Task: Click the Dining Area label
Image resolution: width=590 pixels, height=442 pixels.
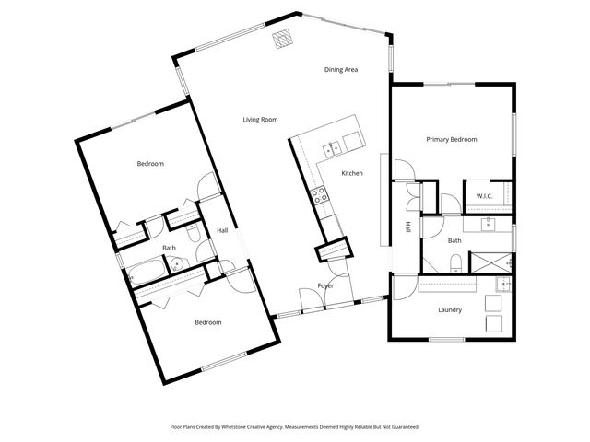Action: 340,70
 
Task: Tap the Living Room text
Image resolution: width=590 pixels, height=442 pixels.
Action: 260,120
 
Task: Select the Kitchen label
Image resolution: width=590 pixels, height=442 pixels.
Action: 352,173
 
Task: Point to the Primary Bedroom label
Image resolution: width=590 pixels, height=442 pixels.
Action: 451,140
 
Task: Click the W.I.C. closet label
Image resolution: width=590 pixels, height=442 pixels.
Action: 484,196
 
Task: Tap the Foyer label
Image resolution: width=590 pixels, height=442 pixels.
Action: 325,285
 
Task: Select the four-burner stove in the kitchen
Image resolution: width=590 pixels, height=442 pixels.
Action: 319,194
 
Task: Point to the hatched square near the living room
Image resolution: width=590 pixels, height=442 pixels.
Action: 282,39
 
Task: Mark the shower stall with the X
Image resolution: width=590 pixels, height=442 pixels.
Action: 491,261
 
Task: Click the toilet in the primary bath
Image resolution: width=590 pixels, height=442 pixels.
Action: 454,265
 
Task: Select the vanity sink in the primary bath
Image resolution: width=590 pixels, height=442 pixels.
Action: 489,224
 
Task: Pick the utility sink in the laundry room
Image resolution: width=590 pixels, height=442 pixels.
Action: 502,284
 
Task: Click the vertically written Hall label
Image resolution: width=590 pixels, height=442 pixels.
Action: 407,227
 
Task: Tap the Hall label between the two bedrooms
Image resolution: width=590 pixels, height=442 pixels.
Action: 222,230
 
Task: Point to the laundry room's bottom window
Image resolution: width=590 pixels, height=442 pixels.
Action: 446,340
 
